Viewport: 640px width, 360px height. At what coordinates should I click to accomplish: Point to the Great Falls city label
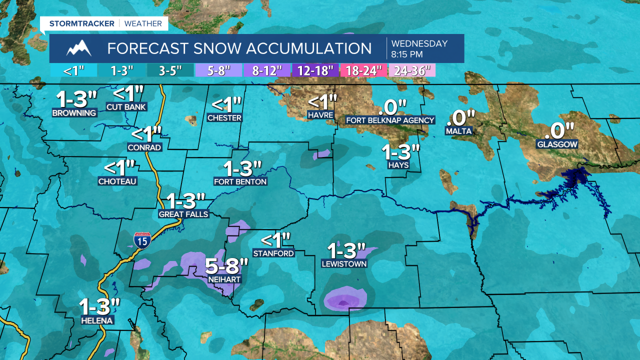click(x=183, y=214)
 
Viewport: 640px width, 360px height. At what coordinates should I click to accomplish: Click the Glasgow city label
click(x=557, y=144)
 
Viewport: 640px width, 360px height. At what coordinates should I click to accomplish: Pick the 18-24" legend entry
click(x=364, y=70)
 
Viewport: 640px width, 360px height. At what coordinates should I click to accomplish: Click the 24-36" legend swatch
click(x=412, y=70)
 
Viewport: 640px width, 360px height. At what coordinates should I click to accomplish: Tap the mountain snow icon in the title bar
click(x=79, y=48)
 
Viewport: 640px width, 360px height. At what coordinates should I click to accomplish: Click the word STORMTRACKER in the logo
click(x=82, y=23)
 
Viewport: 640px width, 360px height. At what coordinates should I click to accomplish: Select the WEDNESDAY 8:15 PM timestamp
click(x=419, y=48)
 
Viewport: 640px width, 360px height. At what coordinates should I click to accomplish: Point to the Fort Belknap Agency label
click(x=390, y=120)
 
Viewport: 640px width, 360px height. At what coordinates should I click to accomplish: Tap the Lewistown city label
click(x=344, y=263)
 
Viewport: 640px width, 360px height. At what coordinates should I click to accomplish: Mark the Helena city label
click(x=99, y=320)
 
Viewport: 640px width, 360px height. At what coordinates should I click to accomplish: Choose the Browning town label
click(x=74, y=113)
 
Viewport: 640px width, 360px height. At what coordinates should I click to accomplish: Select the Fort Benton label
click(x=240, y=181)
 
